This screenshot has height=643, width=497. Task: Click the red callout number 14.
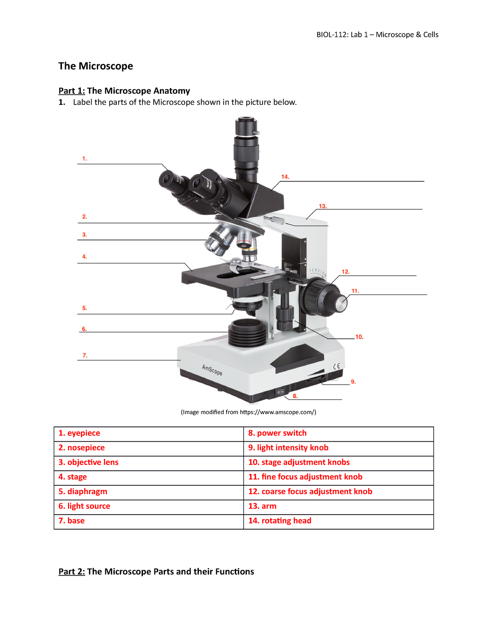[x=285, y=177]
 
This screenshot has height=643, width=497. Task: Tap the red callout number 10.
[x=359, y=337]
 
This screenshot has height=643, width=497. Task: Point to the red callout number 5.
[x=84, y=308]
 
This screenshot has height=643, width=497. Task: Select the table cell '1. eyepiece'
[x=149, y=433]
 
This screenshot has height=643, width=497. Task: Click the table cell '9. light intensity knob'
[x=338, y=448]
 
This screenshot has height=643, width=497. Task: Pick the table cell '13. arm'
[x=338, y=506]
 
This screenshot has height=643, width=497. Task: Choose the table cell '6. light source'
[x=149, y=506]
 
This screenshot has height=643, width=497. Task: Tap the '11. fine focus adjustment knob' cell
[x=338, y=477]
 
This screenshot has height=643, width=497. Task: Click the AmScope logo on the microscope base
[x=212, y=370]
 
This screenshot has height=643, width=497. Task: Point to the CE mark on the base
[x=337, y=366]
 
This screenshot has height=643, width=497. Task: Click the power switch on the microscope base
[x=281, y=391]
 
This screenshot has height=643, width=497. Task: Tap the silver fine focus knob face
[x=341, y=303]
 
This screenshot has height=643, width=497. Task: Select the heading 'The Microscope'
[x=96, y=66]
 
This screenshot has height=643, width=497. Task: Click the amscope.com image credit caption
[x=248, y=412]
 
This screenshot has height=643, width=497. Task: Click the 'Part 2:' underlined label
[x=72, y=572]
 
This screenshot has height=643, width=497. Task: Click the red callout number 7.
[x=85, y=355]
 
